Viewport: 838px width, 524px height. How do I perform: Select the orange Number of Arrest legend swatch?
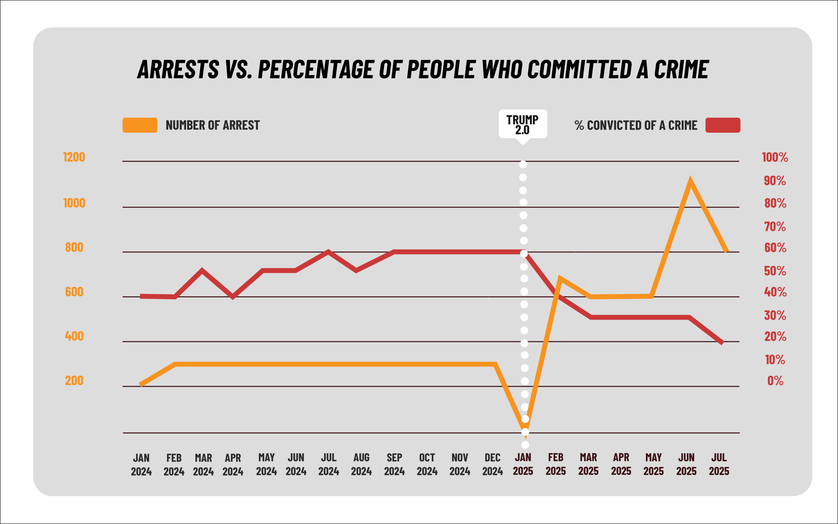pos(140,125)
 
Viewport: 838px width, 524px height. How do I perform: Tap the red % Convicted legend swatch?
pos(723,125)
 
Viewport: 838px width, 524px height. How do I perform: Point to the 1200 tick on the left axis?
pos(74,157)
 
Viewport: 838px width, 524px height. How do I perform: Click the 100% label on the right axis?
pos(775,157)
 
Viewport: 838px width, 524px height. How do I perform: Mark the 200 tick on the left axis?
pos(74,381)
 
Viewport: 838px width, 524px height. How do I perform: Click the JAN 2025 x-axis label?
pos(523,464)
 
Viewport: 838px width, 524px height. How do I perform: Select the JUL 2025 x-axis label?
pos(719,464)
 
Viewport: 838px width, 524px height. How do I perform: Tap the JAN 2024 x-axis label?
pos(141,464)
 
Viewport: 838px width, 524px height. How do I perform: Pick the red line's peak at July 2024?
pos(328,252)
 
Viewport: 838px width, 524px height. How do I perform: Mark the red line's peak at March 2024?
pos(202,270)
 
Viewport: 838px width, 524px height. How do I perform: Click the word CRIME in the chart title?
pos(681,69)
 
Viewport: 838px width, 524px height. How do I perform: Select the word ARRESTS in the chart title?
pos(178,69)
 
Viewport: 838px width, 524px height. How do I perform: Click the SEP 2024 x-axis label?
pos(394,464)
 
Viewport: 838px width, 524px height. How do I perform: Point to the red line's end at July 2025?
pos(721,343)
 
